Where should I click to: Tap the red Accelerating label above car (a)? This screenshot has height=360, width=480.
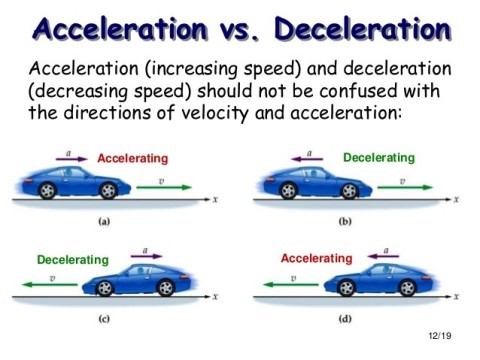[133, 158]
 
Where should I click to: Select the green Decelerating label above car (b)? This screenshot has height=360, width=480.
[378, 157]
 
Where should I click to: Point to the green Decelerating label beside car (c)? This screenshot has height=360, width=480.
[72, 260]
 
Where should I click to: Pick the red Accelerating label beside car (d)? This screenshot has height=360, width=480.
[317, 259]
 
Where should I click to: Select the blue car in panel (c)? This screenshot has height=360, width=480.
[156, 280]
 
